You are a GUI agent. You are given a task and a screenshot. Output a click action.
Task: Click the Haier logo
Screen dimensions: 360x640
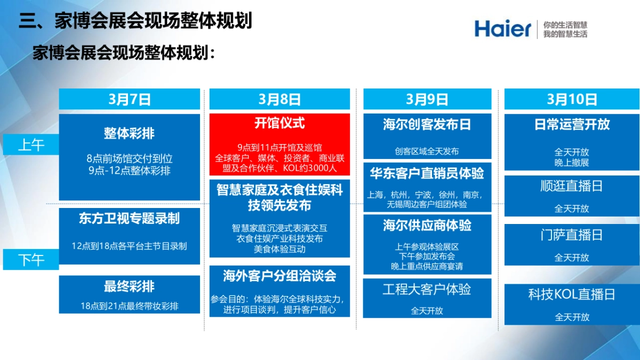503,28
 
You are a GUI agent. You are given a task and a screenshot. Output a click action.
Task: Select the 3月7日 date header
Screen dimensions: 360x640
130,99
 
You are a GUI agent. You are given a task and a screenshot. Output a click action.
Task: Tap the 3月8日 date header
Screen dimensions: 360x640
279,99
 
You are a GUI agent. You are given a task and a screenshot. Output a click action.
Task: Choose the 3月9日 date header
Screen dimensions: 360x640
427,99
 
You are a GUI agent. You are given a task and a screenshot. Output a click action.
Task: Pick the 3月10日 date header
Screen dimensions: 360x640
572,99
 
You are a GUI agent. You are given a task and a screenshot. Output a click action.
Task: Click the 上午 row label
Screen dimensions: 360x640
31,145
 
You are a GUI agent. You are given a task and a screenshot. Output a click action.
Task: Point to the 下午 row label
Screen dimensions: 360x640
31,260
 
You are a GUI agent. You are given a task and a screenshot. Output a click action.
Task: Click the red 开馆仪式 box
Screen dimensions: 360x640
279,144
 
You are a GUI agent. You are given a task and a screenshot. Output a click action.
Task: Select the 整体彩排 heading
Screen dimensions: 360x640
130,133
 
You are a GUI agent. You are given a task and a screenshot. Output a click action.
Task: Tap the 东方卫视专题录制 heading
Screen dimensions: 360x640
130,218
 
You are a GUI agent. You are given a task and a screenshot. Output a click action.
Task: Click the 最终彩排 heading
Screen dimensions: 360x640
130,286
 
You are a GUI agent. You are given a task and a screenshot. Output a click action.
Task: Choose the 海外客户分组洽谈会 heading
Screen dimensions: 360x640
279,276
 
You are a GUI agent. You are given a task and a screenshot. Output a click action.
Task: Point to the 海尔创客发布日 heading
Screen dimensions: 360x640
427,125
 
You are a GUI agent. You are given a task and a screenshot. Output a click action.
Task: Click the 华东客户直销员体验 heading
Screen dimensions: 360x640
427,173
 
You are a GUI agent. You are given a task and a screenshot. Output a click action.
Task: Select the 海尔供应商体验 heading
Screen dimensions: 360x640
427,226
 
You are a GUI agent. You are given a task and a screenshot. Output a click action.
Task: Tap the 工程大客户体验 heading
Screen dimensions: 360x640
427,290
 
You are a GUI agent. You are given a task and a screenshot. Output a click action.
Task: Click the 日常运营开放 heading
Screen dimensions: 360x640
572,125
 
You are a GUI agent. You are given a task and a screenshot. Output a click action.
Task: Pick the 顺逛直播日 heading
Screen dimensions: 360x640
572,186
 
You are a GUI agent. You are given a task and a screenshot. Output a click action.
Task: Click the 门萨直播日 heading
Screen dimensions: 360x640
572,235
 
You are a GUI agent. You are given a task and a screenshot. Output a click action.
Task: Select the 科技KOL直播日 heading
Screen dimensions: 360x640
572,294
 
